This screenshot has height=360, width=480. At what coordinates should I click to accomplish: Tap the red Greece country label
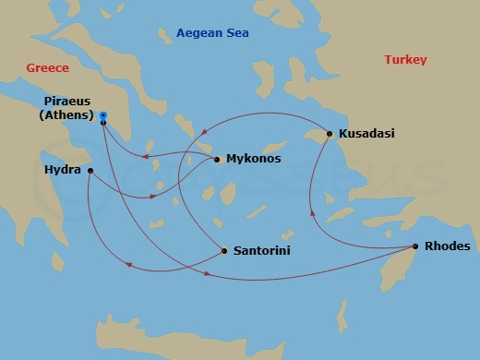pyautogui.click(x=49, y=67)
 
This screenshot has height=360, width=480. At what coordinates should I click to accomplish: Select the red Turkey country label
pyautogui.click(x=405, y=60)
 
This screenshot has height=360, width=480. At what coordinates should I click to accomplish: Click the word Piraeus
pyautogui.click(x=66, y=102)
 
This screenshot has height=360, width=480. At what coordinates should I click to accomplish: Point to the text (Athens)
pyautogui.click(x=66, y=115)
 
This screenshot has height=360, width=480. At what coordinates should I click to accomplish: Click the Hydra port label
pyautogui.click(x=62, y=171)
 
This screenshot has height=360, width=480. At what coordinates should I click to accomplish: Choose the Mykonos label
pyautogui.click(x=253, y=160)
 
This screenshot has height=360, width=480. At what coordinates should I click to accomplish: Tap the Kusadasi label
pyautogui.click(x=366, y=134)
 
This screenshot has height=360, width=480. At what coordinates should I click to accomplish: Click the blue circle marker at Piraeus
pyautogui.click(x=103, y=115)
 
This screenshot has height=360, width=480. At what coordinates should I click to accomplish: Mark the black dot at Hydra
pyautogui.click(x=90, y=171)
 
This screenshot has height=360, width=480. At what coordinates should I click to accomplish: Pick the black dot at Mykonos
pyautogui.click(x=217, y=160)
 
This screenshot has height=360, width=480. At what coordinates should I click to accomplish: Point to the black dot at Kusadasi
pyautogui.click(x=330, y=134)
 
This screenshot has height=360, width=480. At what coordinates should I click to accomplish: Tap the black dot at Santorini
pyautogui.click(x=224, y=249)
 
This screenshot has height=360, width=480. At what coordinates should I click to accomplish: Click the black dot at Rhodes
pyautogui.click(x=415, y=246)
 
